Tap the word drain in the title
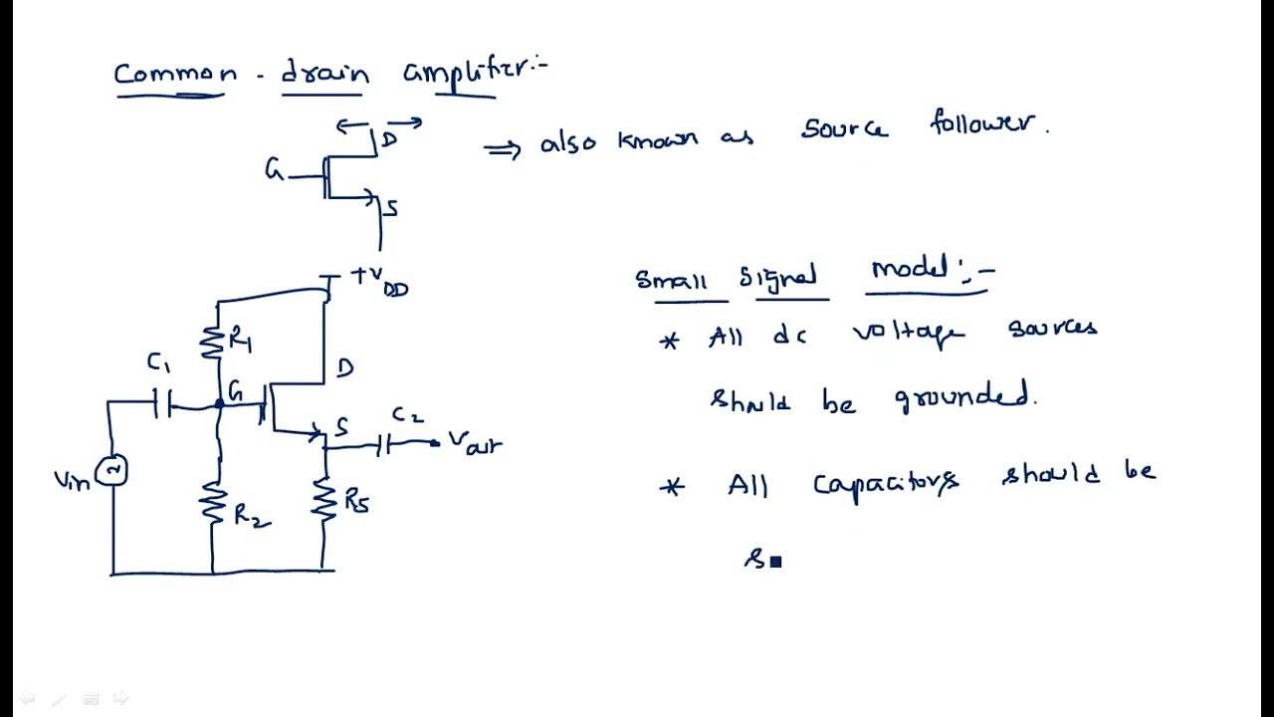pos(324,74)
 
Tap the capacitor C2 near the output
pos(384,446)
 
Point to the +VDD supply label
pos(379,281)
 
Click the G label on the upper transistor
pos(274,170)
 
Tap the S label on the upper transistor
pos(391,208)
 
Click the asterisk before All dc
pos(670,341)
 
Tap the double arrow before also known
pos(502,149)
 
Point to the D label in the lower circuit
pos(344,368)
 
